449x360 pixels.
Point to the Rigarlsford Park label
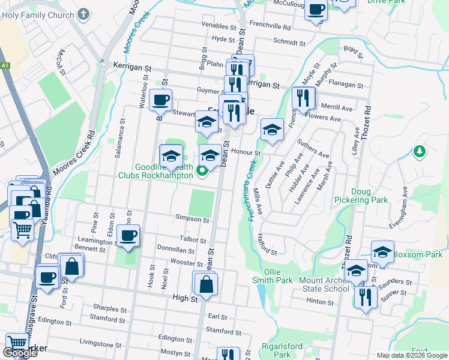tap(276, 350)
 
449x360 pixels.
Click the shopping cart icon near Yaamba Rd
tap(22, 229)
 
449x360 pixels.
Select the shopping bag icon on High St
tap(206, 284)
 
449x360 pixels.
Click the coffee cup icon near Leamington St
tap(128, 235)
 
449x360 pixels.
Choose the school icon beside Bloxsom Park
tap(382, 252)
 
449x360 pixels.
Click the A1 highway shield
tap(5, 65)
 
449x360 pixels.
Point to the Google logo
tap(20, 353)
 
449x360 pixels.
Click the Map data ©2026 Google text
tap(411, 355)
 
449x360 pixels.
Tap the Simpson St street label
tap(192, 219)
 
